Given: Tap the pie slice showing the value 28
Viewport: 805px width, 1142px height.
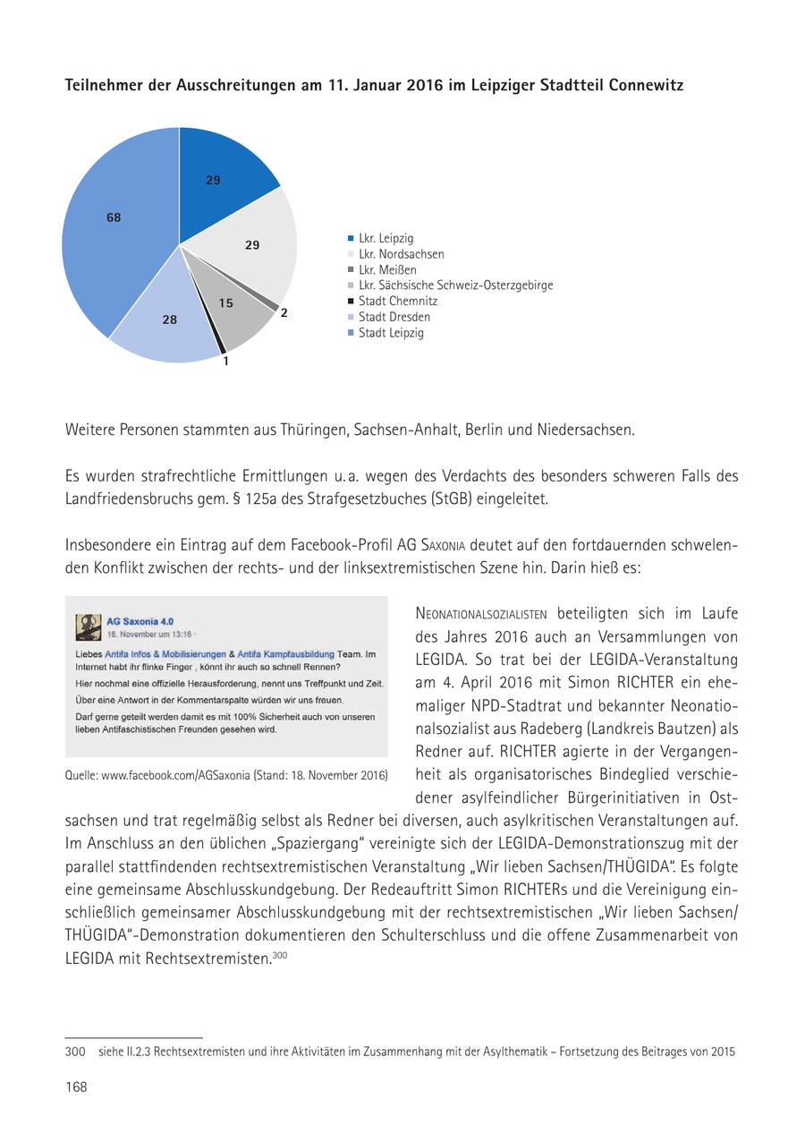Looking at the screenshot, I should point(170,320).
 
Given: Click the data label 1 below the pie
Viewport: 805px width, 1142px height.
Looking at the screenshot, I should point(225,362).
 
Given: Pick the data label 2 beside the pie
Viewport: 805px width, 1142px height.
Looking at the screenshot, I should point(284,313).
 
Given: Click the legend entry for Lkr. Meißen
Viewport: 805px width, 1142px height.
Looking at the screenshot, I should point(387,269).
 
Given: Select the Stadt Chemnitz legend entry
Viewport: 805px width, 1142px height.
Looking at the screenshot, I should point(397,301).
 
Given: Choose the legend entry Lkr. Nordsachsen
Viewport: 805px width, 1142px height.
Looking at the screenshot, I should point(401,254).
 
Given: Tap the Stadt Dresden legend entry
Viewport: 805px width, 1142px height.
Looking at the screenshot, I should point(394,317).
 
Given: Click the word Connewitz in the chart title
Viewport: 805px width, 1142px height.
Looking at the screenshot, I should point(648,86).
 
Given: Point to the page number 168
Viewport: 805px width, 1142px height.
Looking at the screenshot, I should point(76,1087).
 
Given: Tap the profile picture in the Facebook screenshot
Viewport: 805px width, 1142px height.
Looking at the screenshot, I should point(88,626).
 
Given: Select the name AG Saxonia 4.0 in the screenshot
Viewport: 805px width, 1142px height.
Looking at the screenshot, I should point(140,620).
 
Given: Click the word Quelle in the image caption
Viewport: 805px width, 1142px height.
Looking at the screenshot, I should point(81,773).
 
